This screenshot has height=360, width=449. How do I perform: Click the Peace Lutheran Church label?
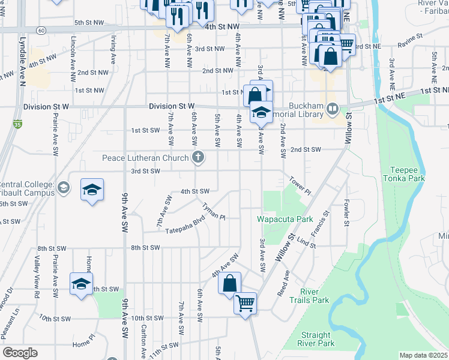click(x=146, y=158)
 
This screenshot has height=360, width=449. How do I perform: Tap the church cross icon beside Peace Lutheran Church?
click(x=197, y=158)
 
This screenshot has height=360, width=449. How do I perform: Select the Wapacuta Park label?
click(x=285, y=219)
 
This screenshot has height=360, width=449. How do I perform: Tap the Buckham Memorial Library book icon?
click(x=333, y=109)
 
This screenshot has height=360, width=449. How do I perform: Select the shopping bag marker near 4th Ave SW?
click(x=230, y=284)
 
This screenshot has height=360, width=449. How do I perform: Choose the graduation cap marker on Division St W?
click(x=261, y=112)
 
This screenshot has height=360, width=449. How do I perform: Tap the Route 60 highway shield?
click(x=41, y=29)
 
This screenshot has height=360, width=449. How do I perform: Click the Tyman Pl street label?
click(x=213, y=211)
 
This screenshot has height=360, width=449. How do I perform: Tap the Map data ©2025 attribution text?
click(x=423, y=355)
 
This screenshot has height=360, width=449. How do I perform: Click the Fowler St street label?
click(x=346, y=213)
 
